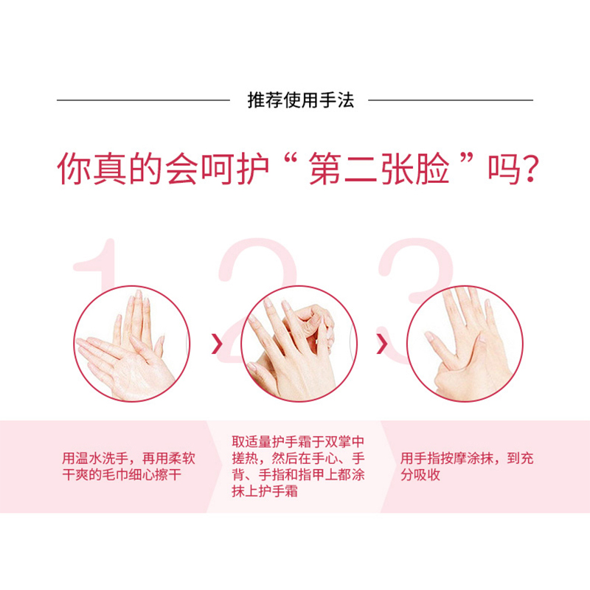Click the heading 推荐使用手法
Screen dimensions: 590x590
coord(301,100)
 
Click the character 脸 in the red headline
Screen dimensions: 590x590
coord(433,169)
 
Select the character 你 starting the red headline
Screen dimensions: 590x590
coord(73,169)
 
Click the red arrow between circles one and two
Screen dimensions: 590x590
coord(217,344)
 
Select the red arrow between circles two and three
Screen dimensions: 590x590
coord(382,344)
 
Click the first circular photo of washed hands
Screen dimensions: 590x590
coord(132,344)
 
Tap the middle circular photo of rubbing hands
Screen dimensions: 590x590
coord(299,344)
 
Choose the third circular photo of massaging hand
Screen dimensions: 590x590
coord(465,344)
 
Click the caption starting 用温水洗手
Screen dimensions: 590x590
coord(128,467)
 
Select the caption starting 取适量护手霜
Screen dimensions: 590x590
coord(299,467)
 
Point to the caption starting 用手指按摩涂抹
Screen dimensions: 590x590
coord(467,467)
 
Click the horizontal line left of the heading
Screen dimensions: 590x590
coord(143,100)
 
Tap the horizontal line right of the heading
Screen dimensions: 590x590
coord(451,100)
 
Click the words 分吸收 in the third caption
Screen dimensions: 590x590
coord(420,475)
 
